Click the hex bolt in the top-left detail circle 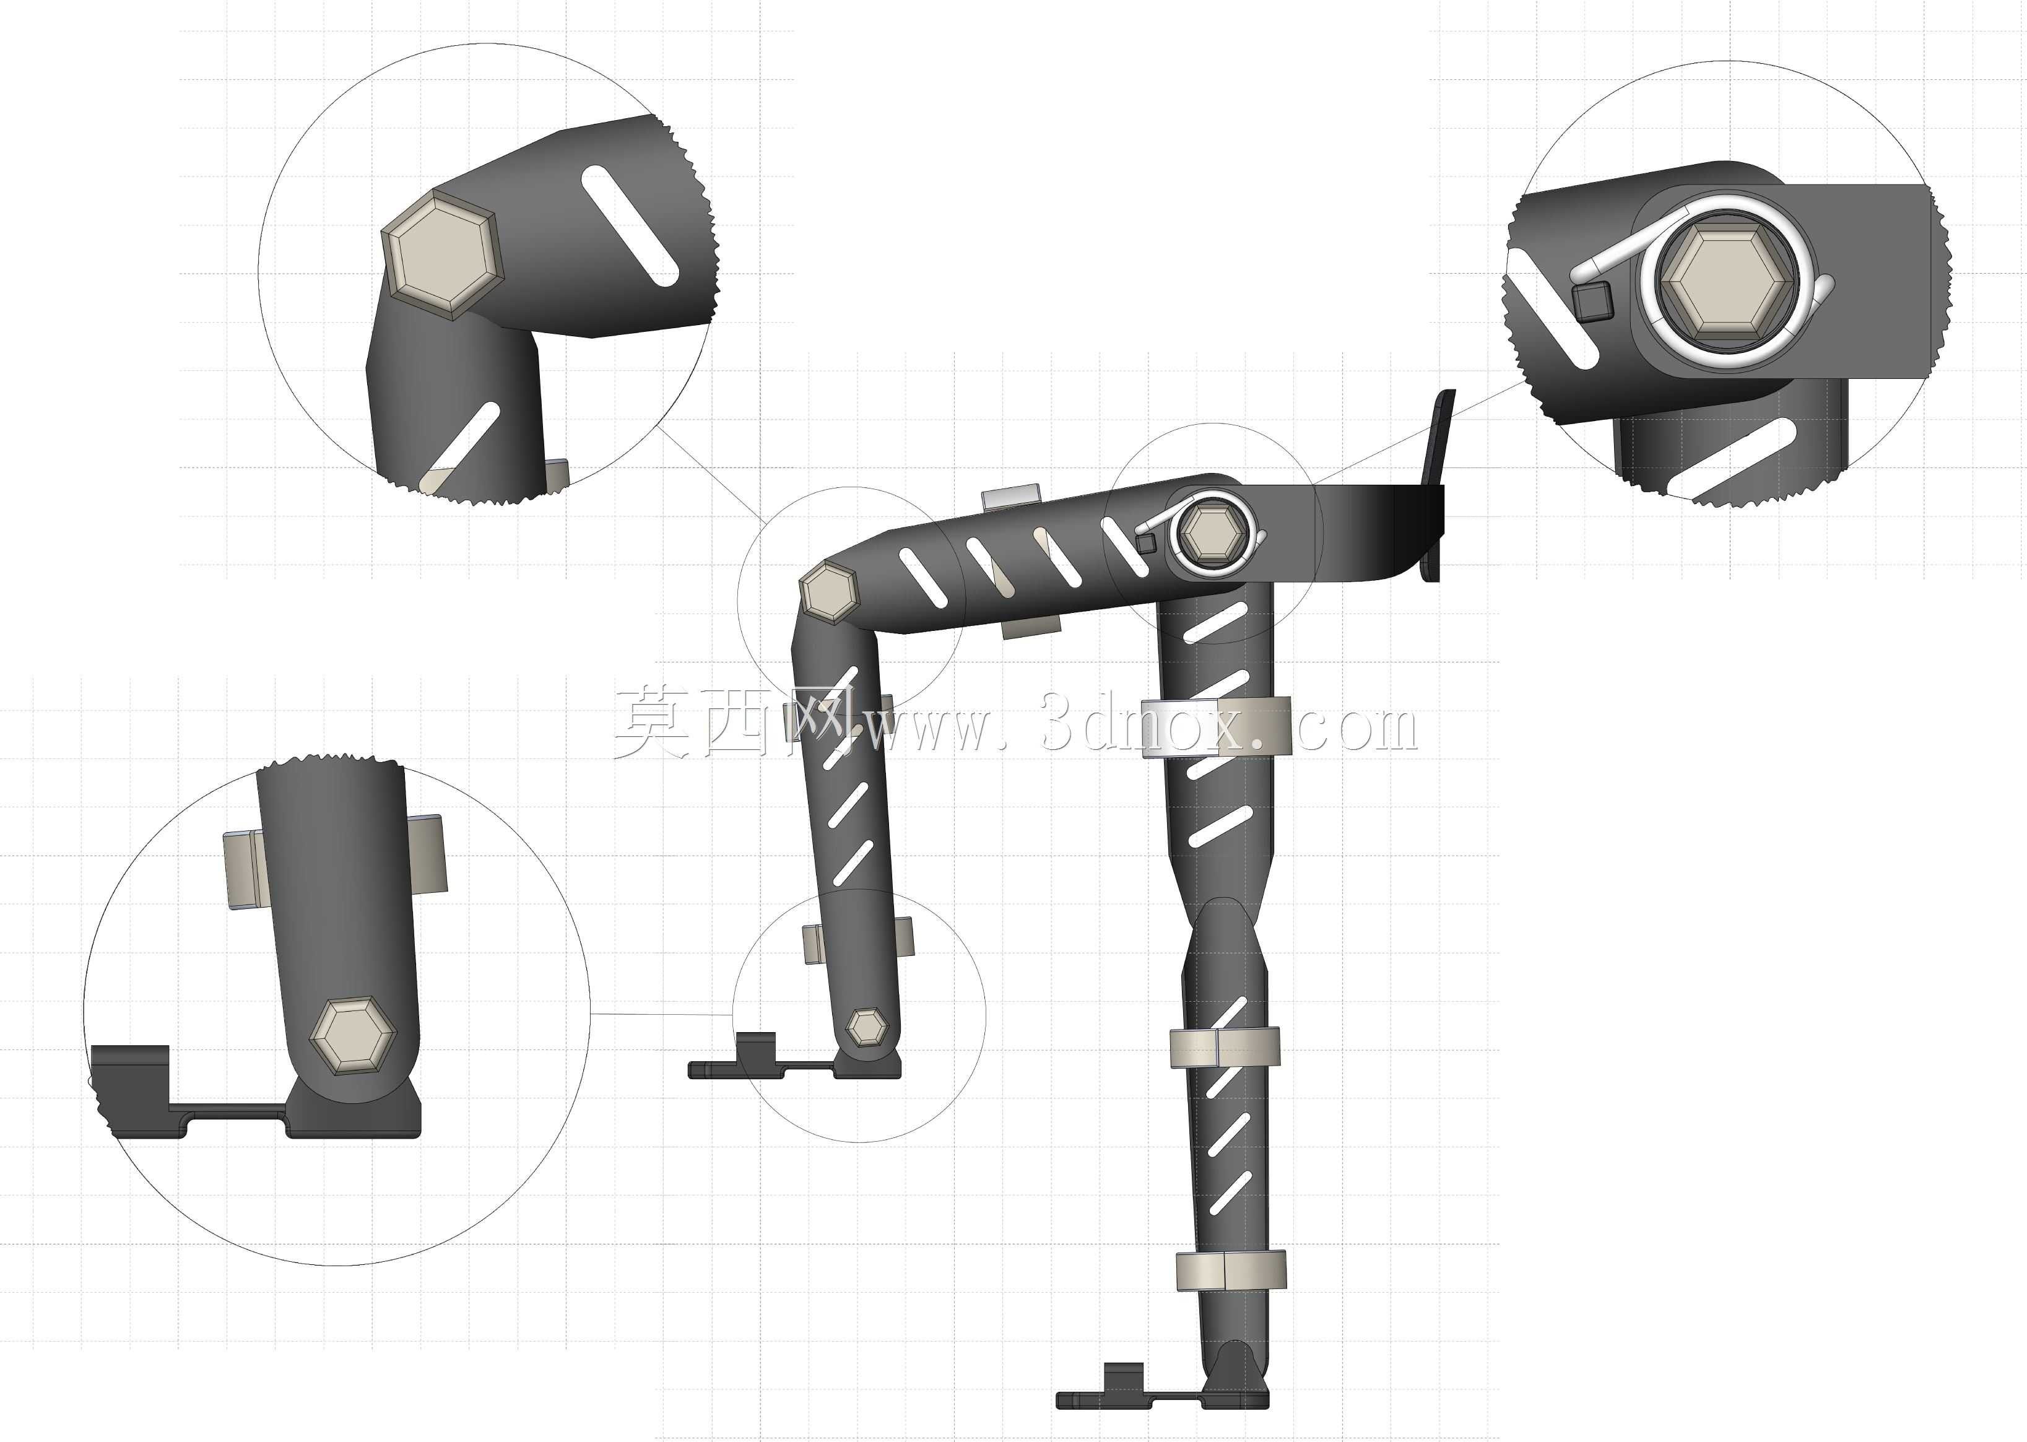[442, 255]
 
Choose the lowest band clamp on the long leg [1231, 1270]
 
